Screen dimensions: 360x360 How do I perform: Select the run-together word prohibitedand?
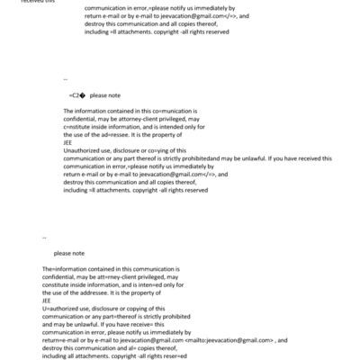tap(208, 157)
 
